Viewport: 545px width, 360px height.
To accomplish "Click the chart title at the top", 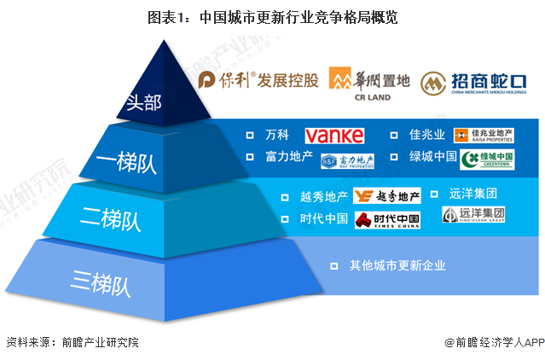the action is coord(273,16).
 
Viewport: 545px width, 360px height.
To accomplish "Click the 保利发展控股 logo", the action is coord(258,80).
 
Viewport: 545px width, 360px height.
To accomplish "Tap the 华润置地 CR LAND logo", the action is coord(370,84).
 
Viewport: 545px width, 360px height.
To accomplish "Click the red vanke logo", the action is coord(334,135).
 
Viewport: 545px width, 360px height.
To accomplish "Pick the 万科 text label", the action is coord(278,135).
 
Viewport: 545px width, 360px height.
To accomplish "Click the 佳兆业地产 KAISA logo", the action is coord(484,135).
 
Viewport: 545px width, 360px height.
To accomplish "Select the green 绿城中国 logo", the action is coord(487,159).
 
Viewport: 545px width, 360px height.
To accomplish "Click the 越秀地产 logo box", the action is coord(388,196).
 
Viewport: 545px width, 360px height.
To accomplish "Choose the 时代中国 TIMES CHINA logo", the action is coord(387,219).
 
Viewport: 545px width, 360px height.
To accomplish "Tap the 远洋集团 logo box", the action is coord(473,214).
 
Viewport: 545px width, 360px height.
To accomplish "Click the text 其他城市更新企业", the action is coord(397,265).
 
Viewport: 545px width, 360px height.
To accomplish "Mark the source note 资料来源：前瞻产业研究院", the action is coord(72,342).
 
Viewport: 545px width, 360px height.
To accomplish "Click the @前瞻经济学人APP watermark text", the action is coord(494,342).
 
